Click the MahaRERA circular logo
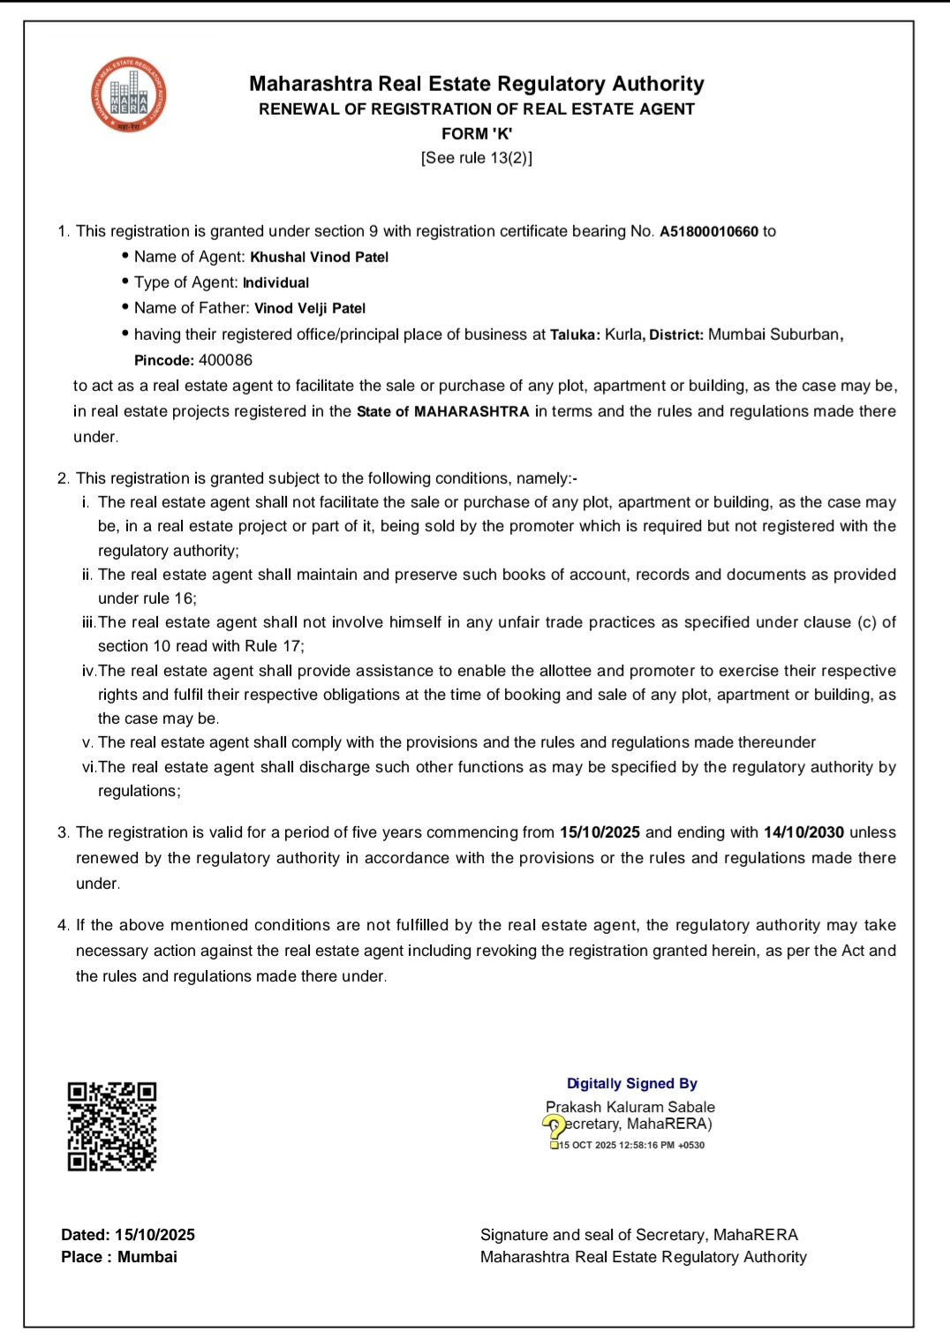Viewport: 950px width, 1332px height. click(129, 95)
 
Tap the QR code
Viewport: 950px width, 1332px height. click(112, 1126)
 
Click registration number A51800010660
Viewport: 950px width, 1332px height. click(708, 231)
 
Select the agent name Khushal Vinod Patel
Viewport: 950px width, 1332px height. click(319, 257)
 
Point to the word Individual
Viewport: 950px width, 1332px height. click(275, 282)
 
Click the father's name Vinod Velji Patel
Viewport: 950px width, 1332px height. click(309, 308)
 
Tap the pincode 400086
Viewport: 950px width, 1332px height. click(225, 360)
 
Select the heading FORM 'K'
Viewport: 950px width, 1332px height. click(477, 133)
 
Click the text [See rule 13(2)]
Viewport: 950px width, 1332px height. click(477, 158)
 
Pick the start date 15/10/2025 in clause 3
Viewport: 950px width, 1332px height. click(599, 832)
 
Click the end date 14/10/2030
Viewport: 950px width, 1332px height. click(803, 832)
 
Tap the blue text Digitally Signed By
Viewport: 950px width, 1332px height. click(632, 1083)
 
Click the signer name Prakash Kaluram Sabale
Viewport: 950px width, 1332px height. click(630, 1107)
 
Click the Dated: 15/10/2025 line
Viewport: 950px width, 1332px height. click(128, 1235)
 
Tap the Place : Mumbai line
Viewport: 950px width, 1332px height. click(119, 1257)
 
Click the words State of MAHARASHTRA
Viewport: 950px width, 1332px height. click(442, 411)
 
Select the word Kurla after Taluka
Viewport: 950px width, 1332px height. click(624, 335)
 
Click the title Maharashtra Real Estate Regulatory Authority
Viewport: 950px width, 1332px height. click(477, 84)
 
